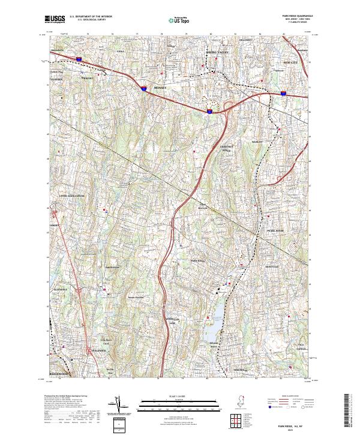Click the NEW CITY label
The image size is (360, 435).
pyautogui.click(x=290, y=62)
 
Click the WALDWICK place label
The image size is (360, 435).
pyautogui.click(x=98, y=350)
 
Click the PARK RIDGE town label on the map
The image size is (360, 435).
pyautogui.click(x=198, y=261)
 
